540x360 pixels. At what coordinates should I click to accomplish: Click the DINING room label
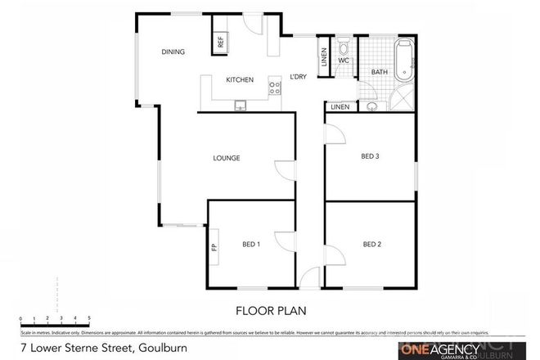[173, 52]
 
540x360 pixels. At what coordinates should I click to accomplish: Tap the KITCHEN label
[240, 79]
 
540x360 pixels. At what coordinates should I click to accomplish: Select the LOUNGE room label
[226, 158]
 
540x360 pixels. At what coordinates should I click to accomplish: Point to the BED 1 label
[251, 244]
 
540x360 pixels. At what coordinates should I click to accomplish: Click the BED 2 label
[372, 243]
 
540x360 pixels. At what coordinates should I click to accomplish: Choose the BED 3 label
[371, 156]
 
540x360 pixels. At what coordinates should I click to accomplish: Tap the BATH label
[380, 73]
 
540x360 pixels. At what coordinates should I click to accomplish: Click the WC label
[344, 61]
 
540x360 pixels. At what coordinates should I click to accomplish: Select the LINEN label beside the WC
[324, 56]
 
